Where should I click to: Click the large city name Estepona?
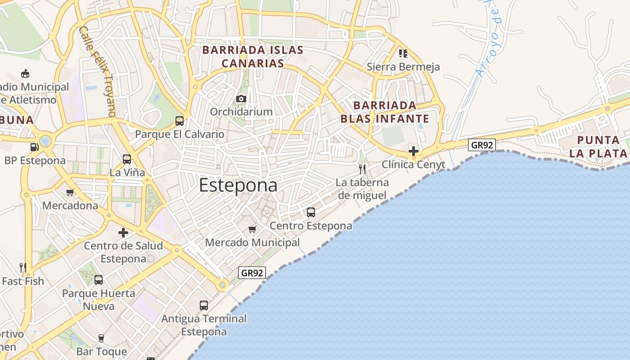coord(238,185)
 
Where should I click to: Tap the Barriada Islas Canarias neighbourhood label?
coord(253,56)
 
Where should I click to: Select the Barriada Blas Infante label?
coord(385,112)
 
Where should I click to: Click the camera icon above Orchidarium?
coord(241,99)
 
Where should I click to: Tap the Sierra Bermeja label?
coord(403,67)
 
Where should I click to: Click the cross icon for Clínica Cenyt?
coord(414,151)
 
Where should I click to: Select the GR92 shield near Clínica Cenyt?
coord(481,145)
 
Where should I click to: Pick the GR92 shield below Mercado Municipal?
coord(252,273)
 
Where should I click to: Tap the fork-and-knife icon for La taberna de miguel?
coord(362,169)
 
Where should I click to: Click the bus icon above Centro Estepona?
coord(310,212)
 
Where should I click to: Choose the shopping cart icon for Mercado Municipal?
coord(252,229)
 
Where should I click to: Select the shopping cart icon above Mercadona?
coord(70,193)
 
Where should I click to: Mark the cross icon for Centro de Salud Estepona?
coord(123,233)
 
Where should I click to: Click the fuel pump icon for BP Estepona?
coord(34,147)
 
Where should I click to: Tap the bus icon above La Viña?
coord(127,159)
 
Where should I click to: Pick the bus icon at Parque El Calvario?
coord(180,121)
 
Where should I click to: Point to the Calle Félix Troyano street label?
coord(97,71)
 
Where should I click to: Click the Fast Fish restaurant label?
coord(23,281)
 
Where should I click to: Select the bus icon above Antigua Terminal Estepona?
coord(204,306)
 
